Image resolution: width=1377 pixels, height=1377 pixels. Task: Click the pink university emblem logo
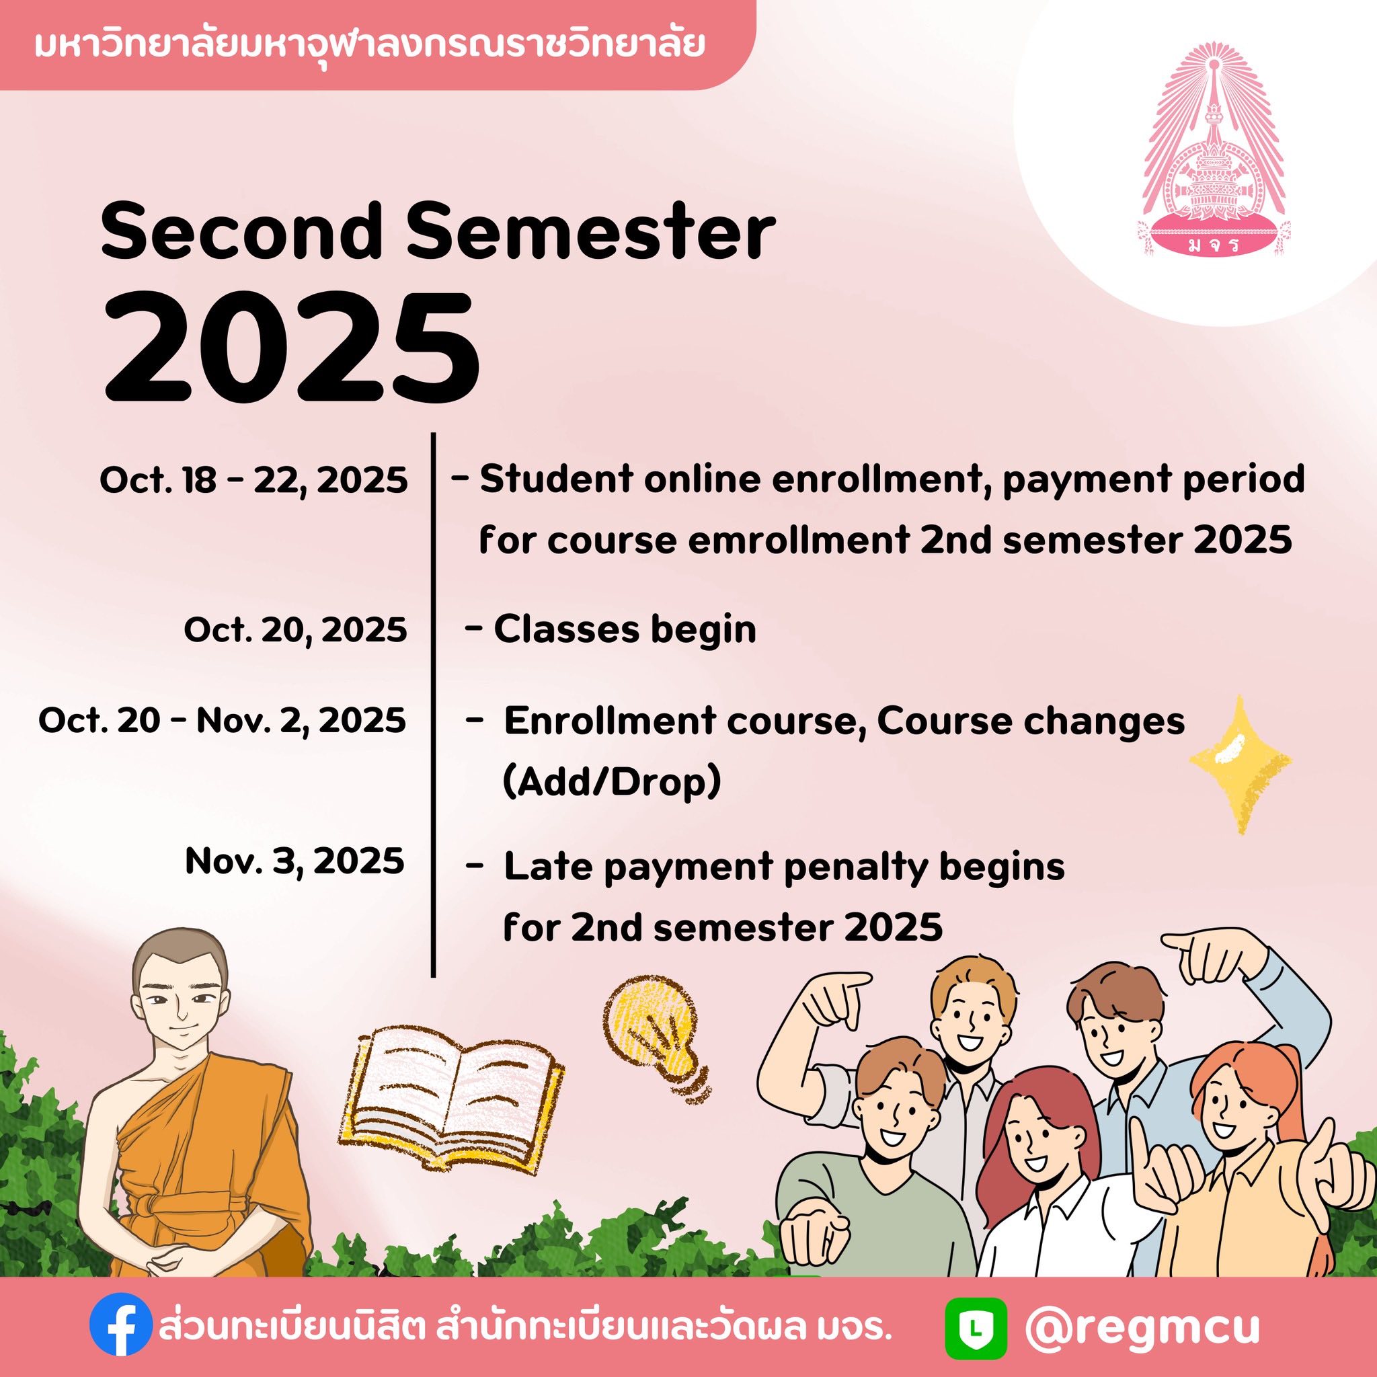pyautogui.click(x=1213, y=154)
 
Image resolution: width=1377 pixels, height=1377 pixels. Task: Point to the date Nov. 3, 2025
pyautogui.click(x=294, y=863)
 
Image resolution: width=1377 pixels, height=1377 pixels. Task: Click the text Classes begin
pyautogui.click(x=625, y=630)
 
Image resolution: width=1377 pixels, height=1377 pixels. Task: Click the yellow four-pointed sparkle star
pyautogui.click(x=1239, y=764)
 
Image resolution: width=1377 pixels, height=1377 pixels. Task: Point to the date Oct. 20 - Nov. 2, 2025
pyautogui.click(x=223, y=721)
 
